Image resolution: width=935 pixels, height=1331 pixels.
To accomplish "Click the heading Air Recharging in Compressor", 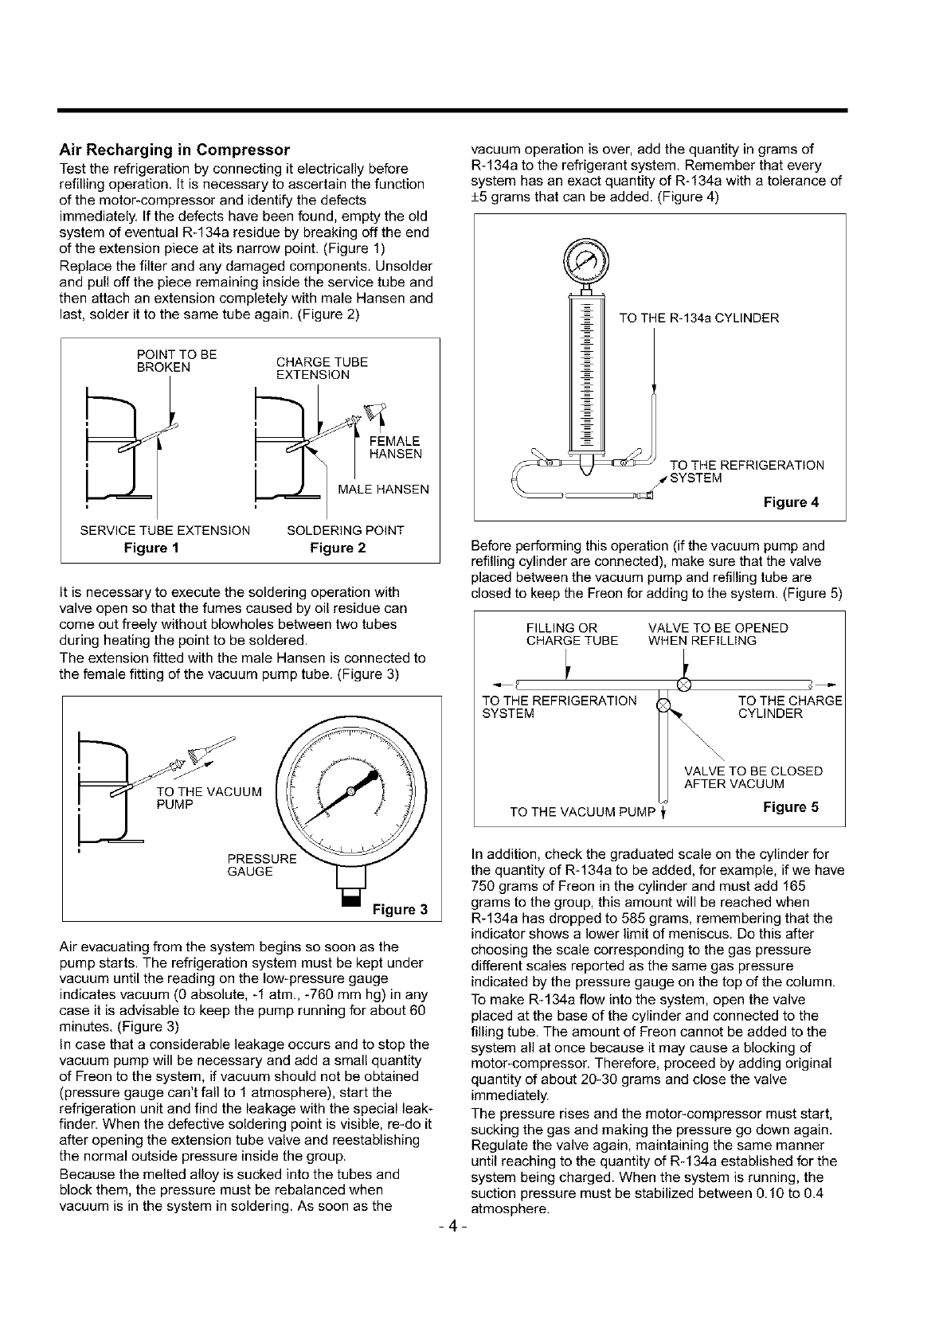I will [174, 150].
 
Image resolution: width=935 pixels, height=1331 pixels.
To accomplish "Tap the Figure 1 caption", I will [151, 548].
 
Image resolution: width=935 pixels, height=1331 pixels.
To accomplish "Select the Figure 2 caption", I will [338, 548].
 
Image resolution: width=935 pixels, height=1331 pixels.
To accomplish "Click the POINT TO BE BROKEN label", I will [178, 361].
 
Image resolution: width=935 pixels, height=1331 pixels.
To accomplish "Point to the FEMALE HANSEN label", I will [395, 447].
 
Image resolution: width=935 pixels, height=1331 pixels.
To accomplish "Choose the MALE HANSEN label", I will [384, 489].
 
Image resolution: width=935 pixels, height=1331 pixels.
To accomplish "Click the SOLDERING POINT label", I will [345, 530].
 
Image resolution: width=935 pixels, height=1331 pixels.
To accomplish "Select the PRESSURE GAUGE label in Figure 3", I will [251, 865].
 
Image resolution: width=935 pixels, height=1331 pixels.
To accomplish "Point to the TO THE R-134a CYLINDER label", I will [698, 318].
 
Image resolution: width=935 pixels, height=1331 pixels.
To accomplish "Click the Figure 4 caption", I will [791, 502].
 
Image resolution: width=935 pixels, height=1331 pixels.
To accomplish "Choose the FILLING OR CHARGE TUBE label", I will [572, 634].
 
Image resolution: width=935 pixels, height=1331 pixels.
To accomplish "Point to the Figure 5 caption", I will [790, 807].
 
